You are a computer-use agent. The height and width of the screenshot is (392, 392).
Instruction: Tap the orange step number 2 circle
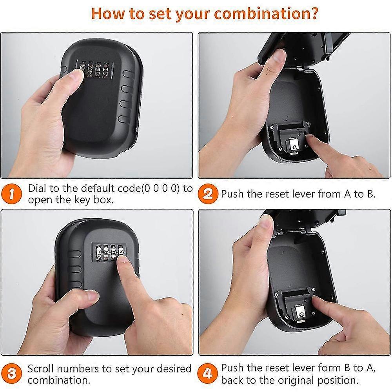(x=207, y=194)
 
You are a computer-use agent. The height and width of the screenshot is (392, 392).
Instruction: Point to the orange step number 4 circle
(x=207, y=374)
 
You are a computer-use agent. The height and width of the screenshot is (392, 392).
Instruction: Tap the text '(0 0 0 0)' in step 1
(x=161, y=188)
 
